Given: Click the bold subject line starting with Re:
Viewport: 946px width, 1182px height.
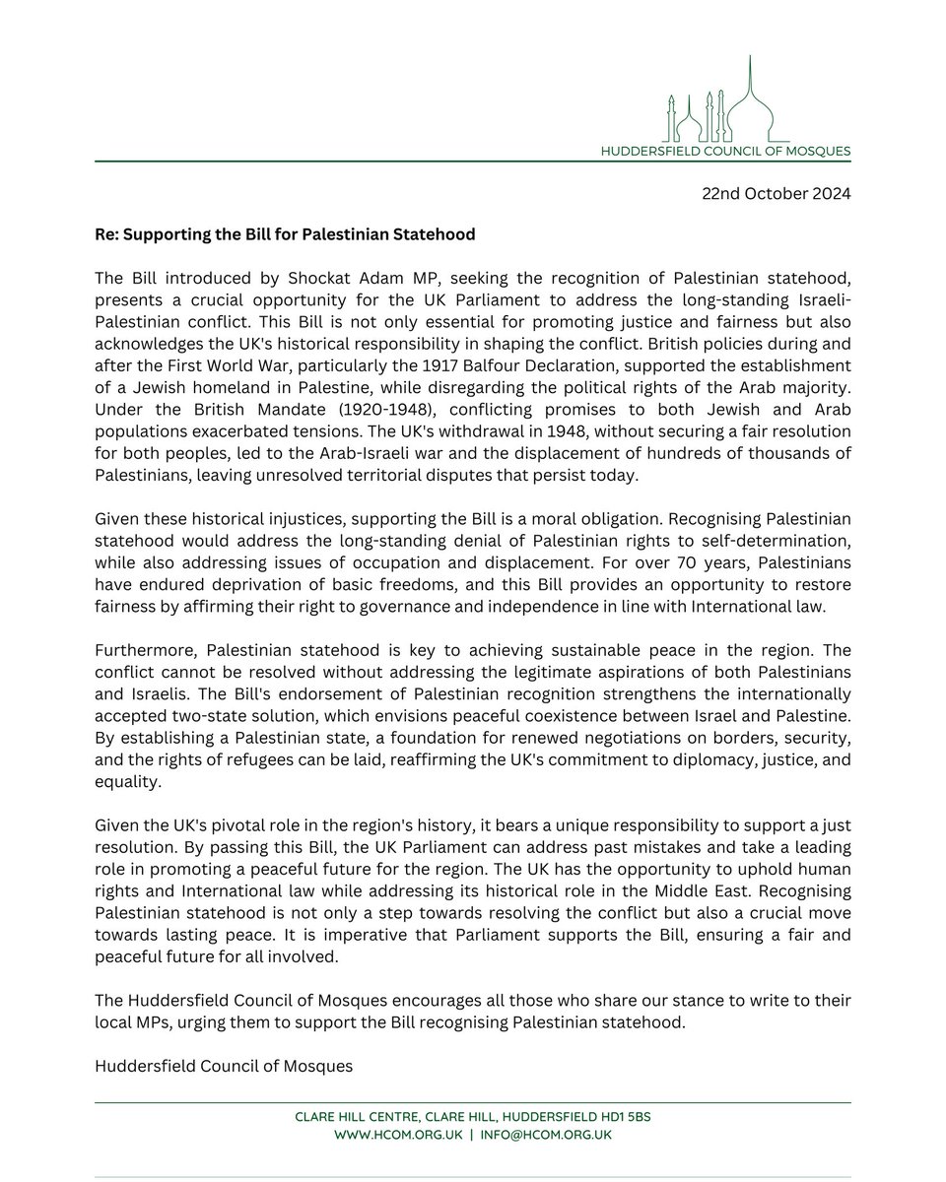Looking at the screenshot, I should point(286,234).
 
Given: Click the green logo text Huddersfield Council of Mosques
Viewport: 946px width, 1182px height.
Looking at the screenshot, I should point(726,151).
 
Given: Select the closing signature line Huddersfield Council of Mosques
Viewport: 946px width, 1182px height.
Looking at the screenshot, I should point(224,1066).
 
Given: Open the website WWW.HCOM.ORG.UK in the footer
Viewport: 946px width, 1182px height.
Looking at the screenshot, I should point(378,1135).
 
